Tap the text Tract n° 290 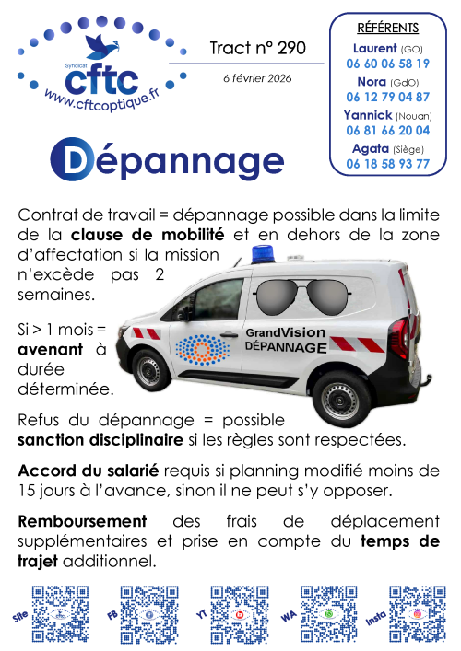(257, 48)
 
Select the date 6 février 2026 (257, 78)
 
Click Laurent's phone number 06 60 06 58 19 (387, 64)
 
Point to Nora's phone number (387, 97)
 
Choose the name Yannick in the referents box (367, 115)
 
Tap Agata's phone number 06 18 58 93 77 (387, 164)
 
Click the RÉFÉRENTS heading (387, 28)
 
